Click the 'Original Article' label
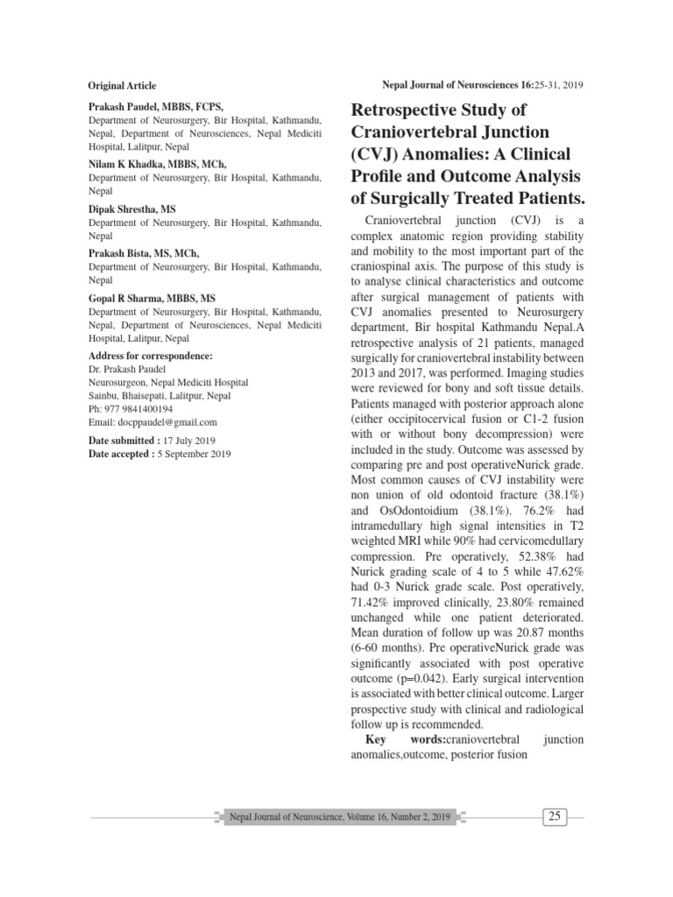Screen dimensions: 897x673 coord(122,86)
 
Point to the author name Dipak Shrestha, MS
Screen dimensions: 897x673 coord(132,210)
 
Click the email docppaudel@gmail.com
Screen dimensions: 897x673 coord(166,421)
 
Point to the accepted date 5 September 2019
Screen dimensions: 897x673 coord(197,453)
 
